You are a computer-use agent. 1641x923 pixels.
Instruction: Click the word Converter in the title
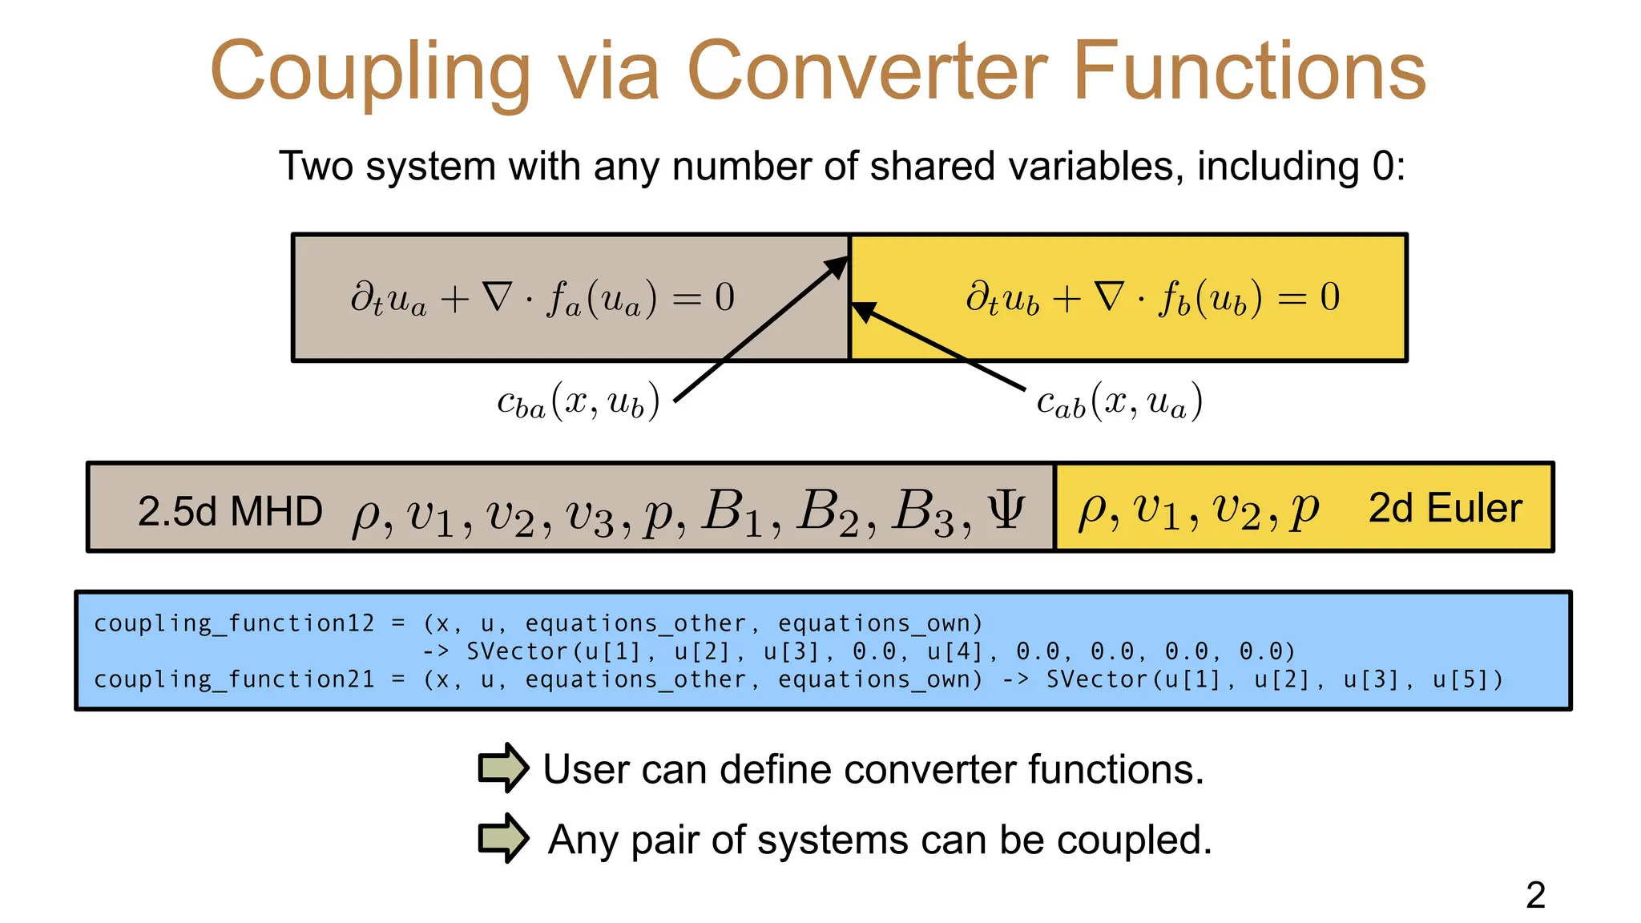point(868,72)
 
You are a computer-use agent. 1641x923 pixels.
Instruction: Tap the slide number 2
point(1535,895)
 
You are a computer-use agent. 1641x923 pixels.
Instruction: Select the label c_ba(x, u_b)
point(578,401)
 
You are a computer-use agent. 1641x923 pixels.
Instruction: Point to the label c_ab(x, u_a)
point(1119,401)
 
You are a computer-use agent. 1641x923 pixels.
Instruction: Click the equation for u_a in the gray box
point(542,298)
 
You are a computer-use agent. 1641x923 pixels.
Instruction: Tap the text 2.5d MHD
point(230,511)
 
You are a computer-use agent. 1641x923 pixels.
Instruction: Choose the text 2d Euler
point(1445,508)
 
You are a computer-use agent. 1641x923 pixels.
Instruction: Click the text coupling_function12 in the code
point(234,623)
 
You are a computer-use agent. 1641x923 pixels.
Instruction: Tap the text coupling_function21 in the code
point(234,679)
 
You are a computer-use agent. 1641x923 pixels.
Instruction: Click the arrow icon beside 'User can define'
point(502,768)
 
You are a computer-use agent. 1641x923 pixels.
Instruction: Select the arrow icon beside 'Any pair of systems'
point(502,838)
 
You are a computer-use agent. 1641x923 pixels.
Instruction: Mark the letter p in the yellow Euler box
point(1304,510)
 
